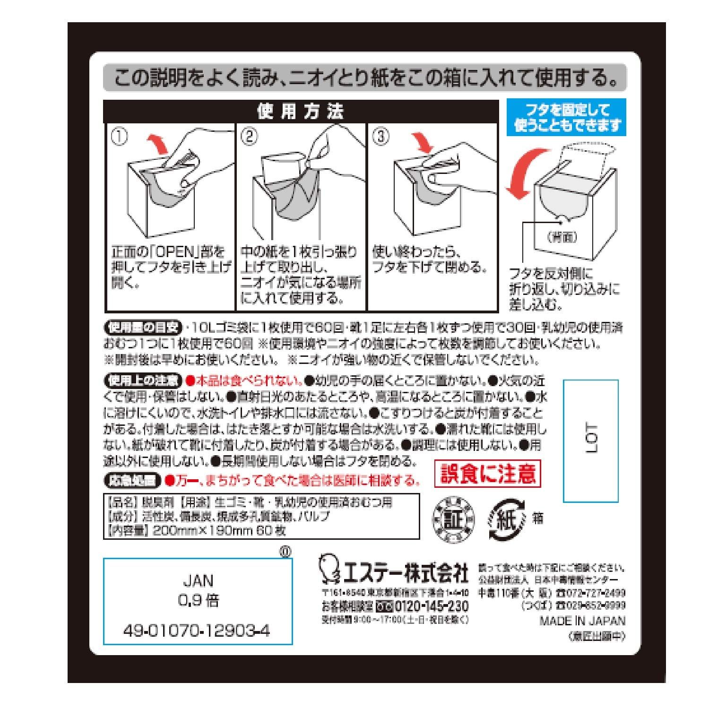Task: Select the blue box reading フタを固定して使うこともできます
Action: (x=566, y=118)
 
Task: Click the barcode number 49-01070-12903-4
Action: (x=197, y=631)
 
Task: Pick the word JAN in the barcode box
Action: (x=198, y=580)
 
